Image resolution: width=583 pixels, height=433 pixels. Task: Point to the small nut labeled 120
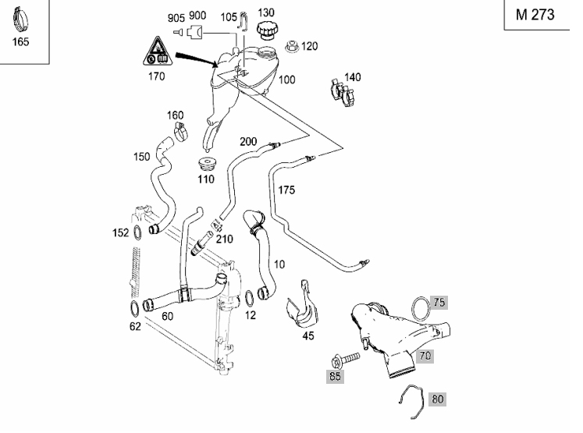(x=293, y=47)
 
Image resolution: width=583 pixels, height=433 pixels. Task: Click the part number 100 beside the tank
(x=287, y=80)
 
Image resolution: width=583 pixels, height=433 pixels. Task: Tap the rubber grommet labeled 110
(x=206, y=166)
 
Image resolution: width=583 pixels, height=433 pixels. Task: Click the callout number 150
(x=141, y=157)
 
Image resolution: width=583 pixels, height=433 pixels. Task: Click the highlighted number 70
(x=425, y=356)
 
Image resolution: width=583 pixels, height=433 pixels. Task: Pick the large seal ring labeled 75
(x=420, y=307)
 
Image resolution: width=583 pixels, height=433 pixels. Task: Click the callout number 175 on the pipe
(x=286, y=190)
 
